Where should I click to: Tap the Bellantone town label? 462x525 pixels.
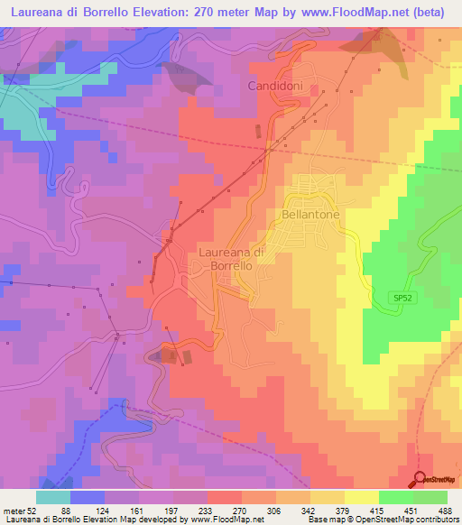pos(309,216)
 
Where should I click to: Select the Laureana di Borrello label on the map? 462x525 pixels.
pos(230,260)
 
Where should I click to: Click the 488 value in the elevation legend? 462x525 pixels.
pos(445,511)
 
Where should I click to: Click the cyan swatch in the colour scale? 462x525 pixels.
pos(53,497)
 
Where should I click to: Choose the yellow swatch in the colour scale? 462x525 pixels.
pos(361,497)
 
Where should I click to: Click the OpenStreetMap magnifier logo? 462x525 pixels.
pos(421,480)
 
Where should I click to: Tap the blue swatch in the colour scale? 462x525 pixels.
pos(88,497)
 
